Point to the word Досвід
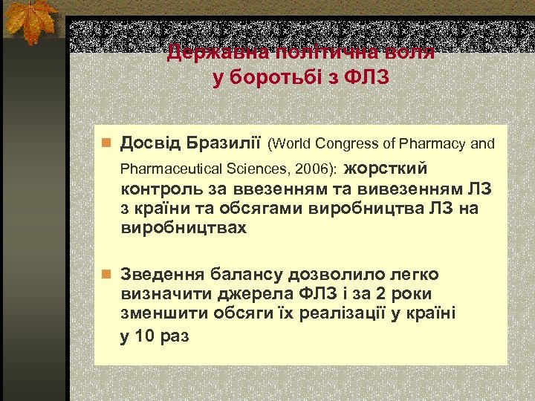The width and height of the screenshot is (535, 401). pos(150,143)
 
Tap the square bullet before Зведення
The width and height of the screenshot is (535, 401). pos(107,274)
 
